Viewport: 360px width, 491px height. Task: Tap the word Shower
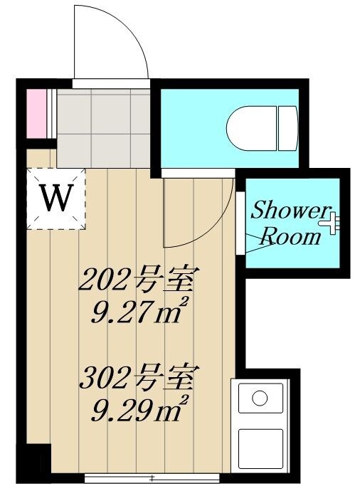290,211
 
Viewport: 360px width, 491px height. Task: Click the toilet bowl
252,128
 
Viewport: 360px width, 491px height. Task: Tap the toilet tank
287,128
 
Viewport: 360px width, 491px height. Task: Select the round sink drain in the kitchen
260,398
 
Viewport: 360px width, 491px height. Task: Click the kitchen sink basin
260,398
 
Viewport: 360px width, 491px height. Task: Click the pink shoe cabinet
36,114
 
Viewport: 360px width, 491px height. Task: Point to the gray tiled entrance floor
104,128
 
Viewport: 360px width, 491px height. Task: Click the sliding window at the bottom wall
152,478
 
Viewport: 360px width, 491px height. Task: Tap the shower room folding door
240,223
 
